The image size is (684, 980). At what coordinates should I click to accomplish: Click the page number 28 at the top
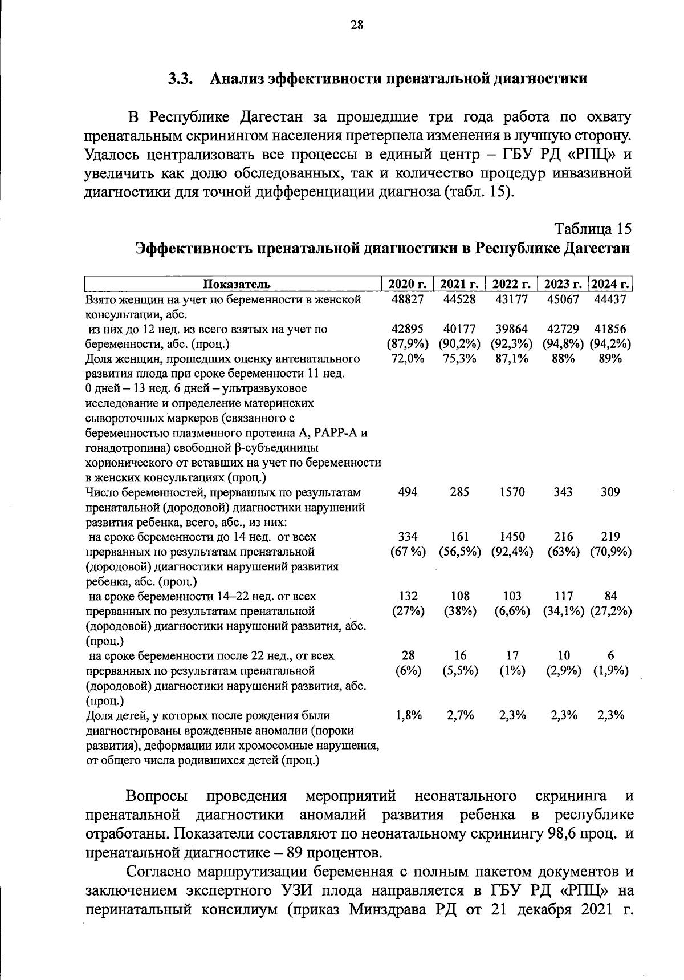point(357,25)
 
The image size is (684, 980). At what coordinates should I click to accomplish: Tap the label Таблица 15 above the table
point(593,229)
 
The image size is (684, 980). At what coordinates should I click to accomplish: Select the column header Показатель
point(233,284)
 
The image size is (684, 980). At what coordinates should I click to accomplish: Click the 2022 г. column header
point(512,284)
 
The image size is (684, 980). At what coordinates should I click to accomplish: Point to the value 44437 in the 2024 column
point(610,299)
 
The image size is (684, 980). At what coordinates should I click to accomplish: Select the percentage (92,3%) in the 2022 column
point(511,344)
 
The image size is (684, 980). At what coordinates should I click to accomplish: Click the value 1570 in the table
point(512,492)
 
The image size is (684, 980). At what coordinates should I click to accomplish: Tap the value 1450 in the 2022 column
point(512,537)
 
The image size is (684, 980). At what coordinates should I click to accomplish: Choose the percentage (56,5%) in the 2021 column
point(459,552)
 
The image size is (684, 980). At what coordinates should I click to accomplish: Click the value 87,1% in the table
point(512,359)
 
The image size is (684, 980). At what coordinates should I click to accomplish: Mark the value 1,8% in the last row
point(408,715)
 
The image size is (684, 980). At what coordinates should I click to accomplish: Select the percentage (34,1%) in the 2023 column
point(563,611)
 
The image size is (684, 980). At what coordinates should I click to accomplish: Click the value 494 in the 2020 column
point(408,492)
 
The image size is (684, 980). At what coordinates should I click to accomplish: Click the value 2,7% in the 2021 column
point(460,715)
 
